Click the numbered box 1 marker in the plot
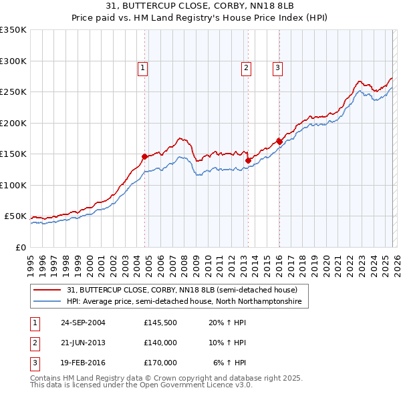[144, 67]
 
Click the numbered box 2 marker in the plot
[247, 67]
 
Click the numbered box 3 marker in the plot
[277, 67]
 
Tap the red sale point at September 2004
[144, 156]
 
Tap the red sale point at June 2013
[248, 160]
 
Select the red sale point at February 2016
[279, 142]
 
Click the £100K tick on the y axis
[13, 186]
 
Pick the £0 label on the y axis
[20, 248]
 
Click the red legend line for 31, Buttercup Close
[47, 290]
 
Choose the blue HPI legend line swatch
[47, 302]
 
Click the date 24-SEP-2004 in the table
[83, 323]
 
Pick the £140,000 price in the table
[160, 343]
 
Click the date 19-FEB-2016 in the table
[83, 363]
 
